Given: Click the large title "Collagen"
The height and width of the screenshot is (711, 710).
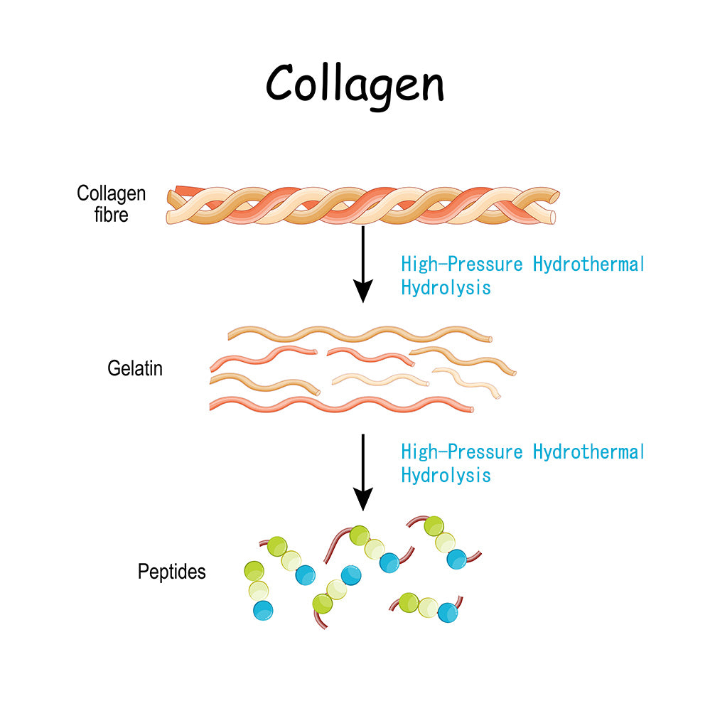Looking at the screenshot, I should coord(355,84).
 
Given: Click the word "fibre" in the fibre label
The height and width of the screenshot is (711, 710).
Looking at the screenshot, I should coord(112,214).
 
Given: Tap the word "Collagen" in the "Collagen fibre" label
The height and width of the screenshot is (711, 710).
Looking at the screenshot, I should coord(112,193).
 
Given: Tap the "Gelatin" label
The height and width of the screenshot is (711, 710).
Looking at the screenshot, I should coord(135,369).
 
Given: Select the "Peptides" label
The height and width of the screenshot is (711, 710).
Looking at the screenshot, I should coord(171,572).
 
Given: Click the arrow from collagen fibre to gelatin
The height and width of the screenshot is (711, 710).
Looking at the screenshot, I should coord(363,263).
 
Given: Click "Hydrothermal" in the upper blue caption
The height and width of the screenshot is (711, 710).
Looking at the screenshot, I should coord(588,265).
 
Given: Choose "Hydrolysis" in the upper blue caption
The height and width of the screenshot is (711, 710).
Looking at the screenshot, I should coord(446,288).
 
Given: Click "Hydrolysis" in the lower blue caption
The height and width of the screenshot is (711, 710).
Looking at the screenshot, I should coord(446,475).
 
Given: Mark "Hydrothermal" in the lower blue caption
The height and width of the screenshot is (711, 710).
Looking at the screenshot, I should coord(588,452).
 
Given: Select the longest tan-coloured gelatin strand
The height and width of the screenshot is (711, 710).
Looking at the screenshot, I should coord(360,333).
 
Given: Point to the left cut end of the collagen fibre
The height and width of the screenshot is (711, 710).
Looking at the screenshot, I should coord(173,205).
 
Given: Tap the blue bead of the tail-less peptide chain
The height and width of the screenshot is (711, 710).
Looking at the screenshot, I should coord(263,610).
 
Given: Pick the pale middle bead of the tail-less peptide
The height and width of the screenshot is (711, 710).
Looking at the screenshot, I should coord(258,590).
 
